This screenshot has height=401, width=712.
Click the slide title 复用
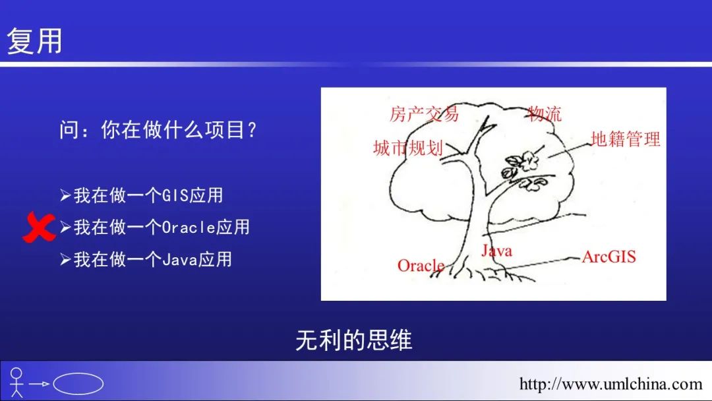click(34, 41)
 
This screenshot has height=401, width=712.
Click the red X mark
click(39, 228)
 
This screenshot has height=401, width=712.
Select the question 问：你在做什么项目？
click(158, 130)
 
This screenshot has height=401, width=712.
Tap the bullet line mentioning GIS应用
click(142, 195)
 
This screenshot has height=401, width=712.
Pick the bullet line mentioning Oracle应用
click(155, 227)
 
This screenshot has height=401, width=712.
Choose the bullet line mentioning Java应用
click(146, 259)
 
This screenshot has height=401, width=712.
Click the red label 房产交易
click(424, 113)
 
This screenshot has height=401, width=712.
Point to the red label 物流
click(545, 113)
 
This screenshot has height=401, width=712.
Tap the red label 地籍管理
click(625, 139)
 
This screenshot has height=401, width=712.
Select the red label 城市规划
click(408, 148)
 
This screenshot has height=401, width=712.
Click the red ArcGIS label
click(609, 257)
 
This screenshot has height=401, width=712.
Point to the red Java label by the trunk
click(497, 251)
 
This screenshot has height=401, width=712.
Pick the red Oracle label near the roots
click(421, 266)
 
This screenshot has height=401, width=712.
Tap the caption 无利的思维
click(354, 340)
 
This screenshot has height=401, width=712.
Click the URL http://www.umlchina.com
click(610, 385)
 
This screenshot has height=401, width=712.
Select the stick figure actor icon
click(16, 383)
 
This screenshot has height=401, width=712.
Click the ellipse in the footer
click(78, 384)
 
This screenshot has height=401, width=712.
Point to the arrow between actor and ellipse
click(39, 384)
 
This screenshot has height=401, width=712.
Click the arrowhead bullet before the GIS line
click(65, 195)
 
